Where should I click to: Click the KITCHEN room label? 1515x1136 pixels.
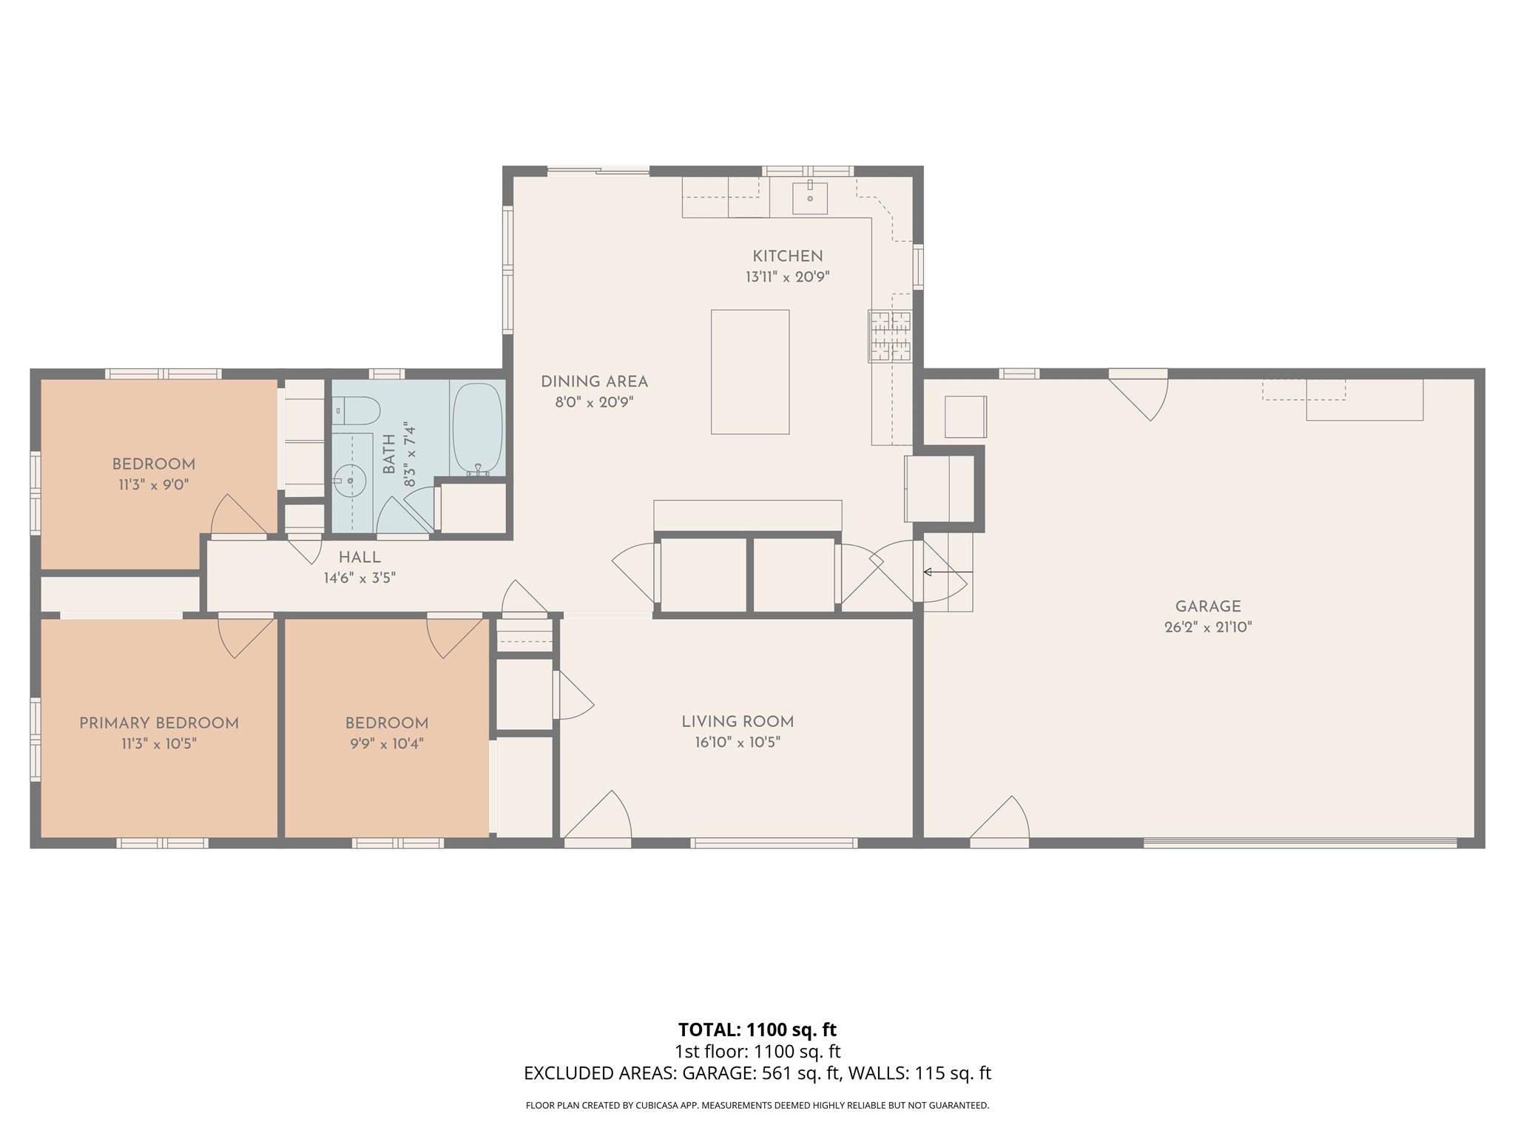pos(787,257)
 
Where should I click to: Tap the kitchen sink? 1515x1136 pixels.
pos(810,197)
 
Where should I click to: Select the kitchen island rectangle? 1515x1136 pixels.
pos(750,372)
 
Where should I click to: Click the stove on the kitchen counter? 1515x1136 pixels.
pos(890,336)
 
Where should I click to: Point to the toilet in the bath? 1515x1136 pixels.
pos(356,410)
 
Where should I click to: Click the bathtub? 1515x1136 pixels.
pos(477,429)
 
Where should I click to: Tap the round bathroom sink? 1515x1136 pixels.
pos(351,481)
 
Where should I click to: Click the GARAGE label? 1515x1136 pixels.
pos(1208,606)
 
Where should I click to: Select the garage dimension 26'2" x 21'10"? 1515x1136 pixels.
pos(1208,627)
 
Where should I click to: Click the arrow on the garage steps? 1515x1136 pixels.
pos(948,572)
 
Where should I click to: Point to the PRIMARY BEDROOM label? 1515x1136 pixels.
pos(159,723)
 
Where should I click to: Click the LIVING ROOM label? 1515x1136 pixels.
pos(738,722)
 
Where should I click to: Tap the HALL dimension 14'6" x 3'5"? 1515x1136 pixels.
pos(360,578)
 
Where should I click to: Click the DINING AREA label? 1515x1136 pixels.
pos(594,382)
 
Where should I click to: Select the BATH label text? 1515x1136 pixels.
pos(389,455)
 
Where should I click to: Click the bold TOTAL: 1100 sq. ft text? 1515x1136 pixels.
pos(757,1029)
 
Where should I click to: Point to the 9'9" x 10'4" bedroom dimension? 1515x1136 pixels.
pos(387,743)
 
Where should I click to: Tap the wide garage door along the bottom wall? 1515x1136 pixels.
pos(1300,842)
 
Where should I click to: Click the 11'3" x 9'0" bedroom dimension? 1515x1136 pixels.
pos(154,485)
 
